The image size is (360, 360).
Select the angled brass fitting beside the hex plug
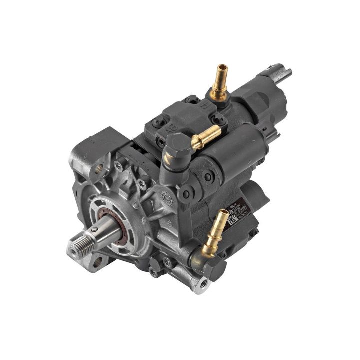tap(205, 137)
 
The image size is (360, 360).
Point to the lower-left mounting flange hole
tap(98, 260)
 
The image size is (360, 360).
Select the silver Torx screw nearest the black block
tap(119, 162)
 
